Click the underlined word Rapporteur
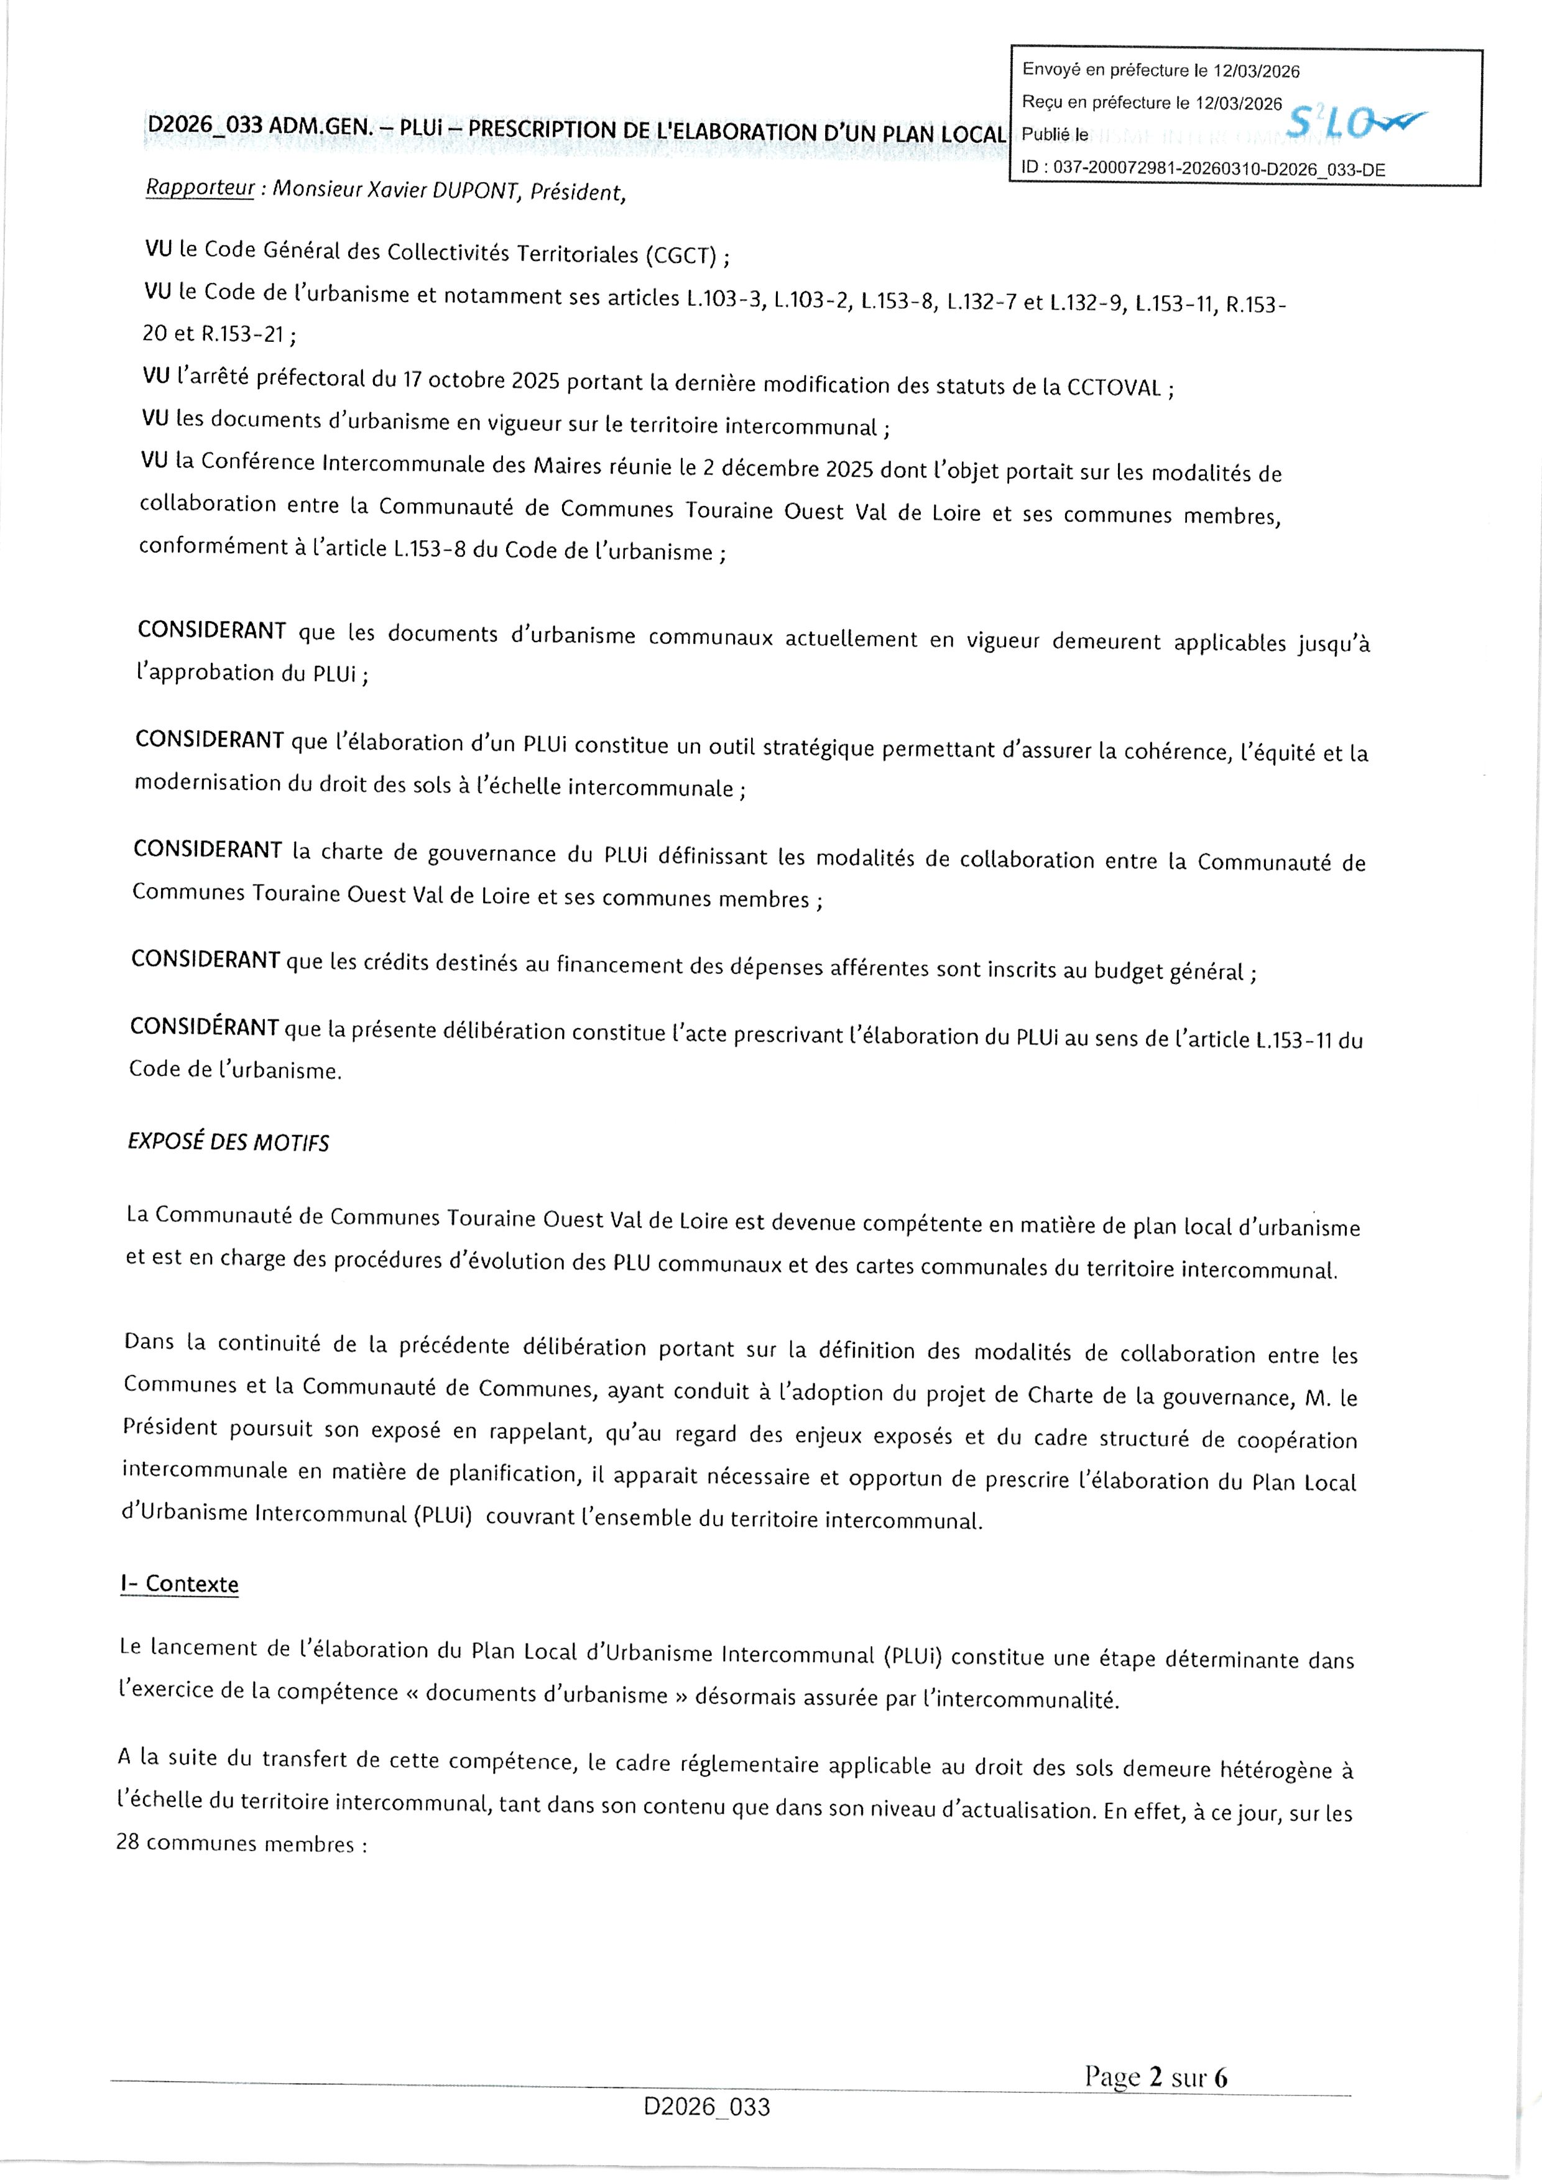[x=200, y=187]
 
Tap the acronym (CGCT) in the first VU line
[x=680, y=255]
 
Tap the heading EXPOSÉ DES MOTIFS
[x=228, y=1143]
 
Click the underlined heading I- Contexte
[x=180, y=1584]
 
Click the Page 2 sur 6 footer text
[x=1155, y=2077]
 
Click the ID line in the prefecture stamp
[x=1202, y=169]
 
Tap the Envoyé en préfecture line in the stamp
[x=1160, y=70]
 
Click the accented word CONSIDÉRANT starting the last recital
[x=204, y=1028]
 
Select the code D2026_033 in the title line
[x=204, y=126]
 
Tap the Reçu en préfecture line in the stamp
[x=1151, y=103]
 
